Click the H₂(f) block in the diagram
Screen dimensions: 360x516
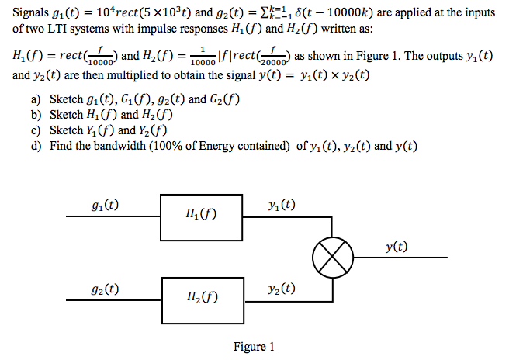(x=200, y=296)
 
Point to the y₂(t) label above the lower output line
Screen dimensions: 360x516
(x=279, y=289)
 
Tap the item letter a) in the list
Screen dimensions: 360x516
(x=36, y=99)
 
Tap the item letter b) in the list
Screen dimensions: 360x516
(x=36, y=115)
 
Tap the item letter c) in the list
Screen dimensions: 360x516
(x=36, y=130)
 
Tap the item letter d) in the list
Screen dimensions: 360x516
(x=36, y=146)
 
